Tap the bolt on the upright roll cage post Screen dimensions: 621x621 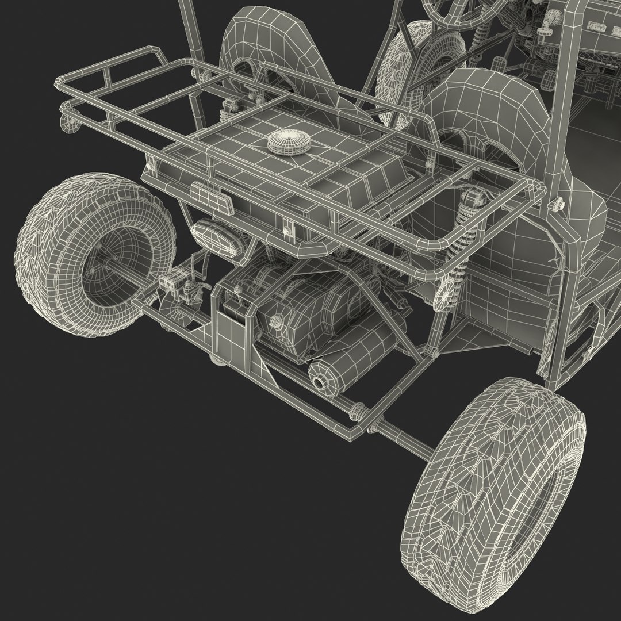pos(557,204)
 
